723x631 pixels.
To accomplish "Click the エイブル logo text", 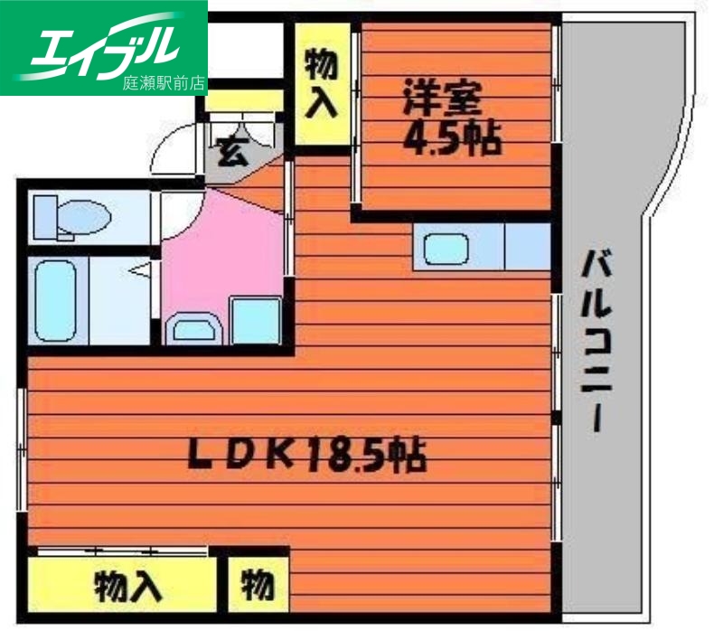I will (104, 43).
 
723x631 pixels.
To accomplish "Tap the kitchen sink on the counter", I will (444, 247).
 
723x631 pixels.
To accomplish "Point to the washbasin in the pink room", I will (193, 327).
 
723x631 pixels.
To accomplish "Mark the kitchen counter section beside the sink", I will (524, 247).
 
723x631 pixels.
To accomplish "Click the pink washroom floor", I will (221, 253).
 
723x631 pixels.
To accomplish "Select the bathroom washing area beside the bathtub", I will (122, 298).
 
